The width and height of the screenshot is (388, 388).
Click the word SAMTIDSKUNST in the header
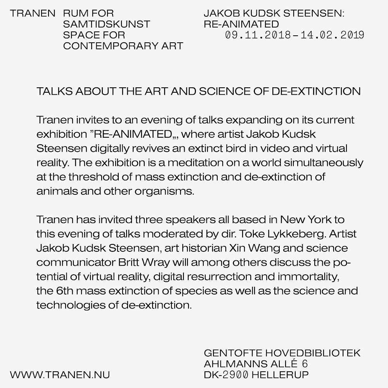coord(106,24)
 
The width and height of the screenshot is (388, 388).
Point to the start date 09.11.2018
coord(258,35)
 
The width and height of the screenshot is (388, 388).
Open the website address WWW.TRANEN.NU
coord(60,375)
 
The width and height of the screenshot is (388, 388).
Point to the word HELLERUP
coord(280,375)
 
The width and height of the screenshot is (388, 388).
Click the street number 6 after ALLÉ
coord(305,364)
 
